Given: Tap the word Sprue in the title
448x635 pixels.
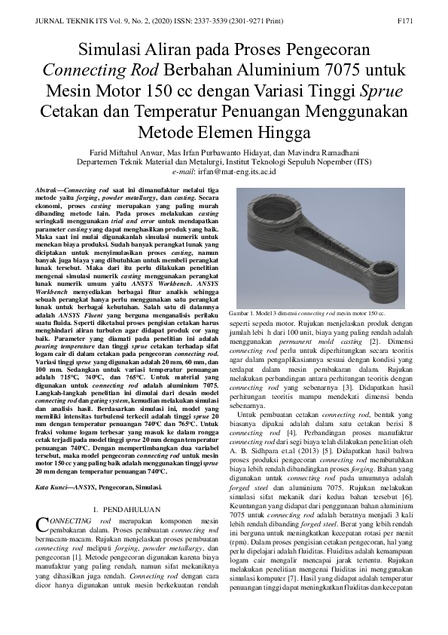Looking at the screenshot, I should pos(382,92).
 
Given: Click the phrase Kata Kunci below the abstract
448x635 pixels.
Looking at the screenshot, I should pos(53,488).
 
